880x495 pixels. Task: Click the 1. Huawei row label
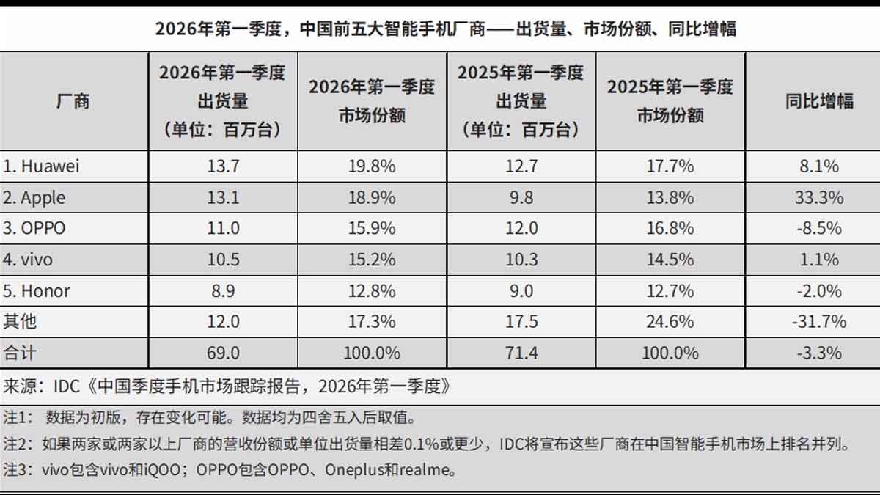(x=41, y=166)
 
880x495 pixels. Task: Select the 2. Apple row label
(x=34, y=198)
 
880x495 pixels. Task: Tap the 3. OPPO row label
(x=34, y=229)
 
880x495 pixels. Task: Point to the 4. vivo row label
(x=29, y=260)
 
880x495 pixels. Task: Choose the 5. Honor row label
(x=37, y=291)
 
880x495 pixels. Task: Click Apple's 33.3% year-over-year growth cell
(x=819, y=198)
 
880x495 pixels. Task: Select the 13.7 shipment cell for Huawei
(x=223, y=166)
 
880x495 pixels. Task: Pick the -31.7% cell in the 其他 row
(x=819, y=322)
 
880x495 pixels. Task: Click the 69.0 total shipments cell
(x=223, y=353)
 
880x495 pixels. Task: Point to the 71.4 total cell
(x=521, y=353)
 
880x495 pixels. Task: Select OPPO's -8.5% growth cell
(x=819, y=229)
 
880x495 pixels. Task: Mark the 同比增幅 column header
(x=819, y=101)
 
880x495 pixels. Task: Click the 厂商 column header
(x=73, y=101)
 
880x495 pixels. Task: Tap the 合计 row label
(x=20, y=353)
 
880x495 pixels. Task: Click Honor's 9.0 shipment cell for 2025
(x=521, y=291)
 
